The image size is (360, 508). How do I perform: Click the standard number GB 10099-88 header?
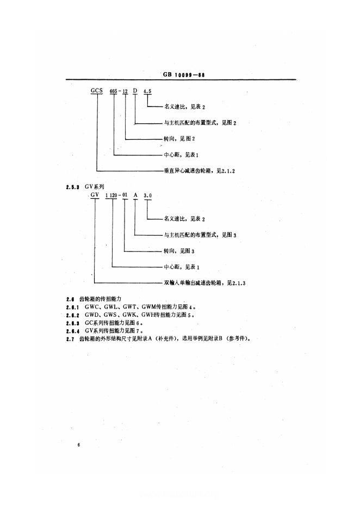pyautogui.click(x=187, y=76)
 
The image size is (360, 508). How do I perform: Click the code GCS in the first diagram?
pyautogui.click(x=97, y=91)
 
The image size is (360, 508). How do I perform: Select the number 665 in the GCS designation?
pyautogui.click(x=114, y=91)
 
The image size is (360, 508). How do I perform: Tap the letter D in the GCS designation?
pyautogui.click(x=135, y=91)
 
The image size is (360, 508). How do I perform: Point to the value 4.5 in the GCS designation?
pyautogui.click(x=147, y=91)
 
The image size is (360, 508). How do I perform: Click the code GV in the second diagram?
pyautogui.click(x=95, y=194)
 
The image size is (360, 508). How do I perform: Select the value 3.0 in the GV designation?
pyautogui.click(x=147, y=194)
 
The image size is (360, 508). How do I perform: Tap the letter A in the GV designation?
pyautogui.click(x=134, y=194)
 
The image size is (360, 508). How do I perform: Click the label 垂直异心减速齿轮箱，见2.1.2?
pyautogui.click(x=200, y=171)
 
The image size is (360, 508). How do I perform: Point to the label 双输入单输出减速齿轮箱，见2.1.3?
pyautogui.click(x=202, y=283)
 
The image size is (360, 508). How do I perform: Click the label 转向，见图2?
pyautogui.click(x=175, y=139)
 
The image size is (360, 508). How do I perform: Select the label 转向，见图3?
pyautogui.click(x=175, y=251)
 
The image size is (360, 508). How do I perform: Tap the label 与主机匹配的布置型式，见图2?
pyautogui.click(x=199, y=123)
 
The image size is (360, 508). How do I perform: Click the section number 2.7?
pyautogui.click(x=69, y=338)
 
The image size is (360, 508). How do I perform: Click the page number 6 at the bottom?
pyautogui.click(x=79, y=445)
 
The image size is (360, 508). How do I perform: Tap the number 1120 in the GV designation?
pyautogui.click(x=111, y=194)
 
